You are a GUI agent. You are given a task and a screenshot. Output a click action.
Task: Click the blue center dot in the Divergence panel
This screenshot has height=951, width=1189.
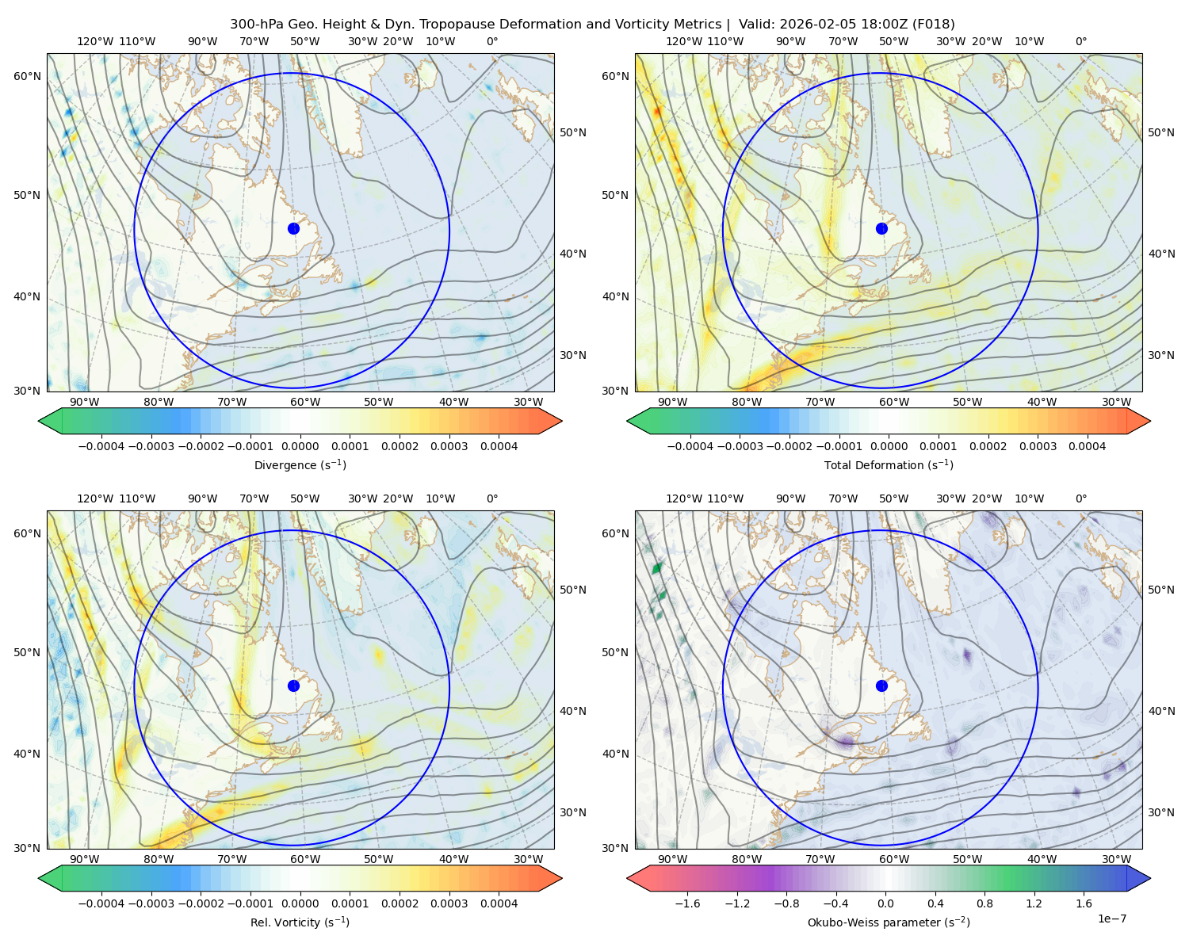coord(293,228)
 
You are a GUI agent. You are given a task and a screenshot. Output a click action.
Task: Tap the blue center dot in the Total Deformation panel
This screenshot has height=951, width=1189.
coord(881,228)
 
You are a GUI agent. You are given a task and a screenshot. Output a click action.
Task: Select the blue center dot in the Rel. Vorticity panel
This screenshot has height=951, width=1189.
coord(293,686)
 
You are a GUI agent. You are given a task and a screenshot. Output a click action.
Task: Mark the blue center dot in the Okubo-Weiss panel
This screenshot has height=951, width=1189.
coord(881,686)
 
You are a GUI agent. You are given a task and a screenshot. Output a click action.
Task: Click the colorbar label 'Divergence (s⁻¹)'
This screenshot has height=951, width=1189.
coord(300,465)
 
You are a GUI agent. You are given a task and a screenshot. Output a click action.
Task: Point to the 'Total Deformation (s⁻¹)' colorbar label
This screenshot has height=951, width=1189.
coord(889,465)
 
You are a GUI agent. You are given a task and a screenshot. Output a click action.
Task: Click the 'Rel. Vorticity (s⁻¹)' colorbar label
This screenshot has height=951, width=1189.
coord(300,922)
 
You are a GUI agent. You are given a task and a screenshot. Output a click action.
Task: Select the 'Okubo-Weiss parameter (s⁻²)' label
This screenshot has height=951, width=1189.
coord(889,922)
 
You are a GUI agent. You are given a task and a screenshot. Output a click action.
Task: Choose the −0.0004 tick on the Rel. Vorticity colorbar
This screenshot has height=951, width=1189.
coord(101,904)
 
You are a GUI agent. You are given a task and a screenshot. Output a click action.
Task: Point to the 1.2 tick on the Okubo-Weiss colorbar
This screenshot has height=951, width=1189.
coord(1034,904)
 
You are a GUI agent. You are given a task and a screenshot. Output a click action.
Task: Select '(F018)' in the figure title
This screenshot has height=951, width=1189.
coord(935,25)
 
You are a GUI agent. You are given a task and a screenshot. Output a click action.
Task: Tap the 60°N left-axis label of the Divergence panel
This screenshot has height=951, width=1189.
coord(27,76)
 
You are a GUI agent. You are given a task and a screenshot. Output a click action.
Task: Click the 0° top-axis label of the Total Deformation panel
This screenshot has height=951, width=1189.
coord(1081,41)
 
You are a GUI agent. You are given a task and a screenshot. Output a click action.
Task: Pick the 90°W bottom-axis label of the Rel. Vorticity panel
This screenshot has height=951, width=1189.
coord(84,859)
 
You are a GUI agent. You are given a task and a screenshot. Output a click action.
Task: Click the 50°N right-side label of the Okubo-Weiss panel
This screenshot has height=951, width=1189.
coord(1161,590)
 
